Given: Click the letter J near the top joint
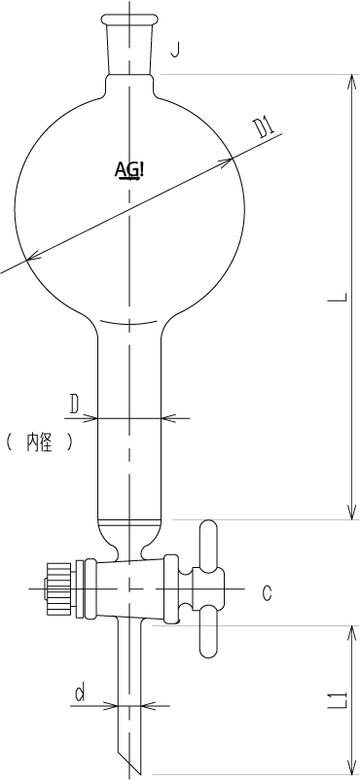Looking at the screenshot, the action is [174, 50].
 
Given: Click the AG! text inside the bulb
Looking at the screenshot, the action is [129, 170].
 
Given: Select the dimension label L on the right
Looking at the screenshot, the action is [338, 298].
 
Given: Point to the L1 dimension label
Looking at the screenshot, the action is [338, 700].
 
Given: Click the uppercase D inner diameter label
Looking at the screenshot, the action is [74, 405].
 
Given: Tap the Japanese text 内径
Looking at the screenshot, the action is [39, 442].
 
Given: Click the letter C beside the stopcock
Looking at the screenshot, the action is [268, 592].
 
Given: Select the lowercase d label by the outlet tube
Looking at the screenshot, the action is [79, 692].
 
